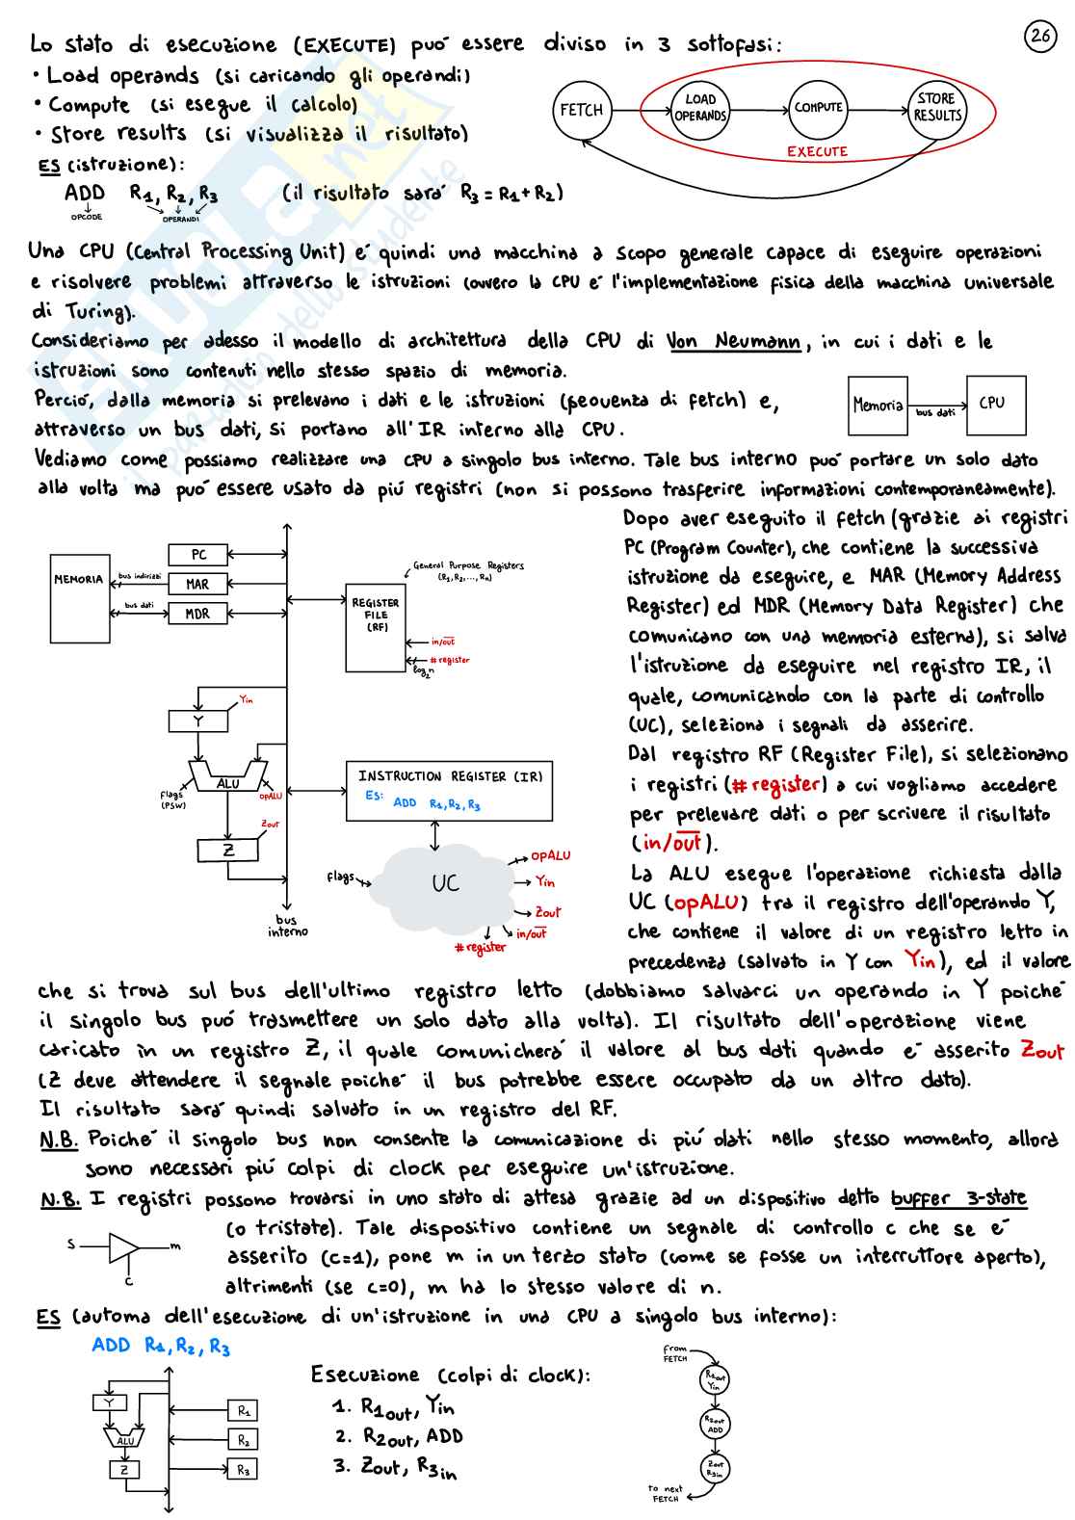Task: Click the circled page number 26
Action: click(x=1040, y=37)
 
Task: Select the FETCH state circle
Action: click(x=581, y=110)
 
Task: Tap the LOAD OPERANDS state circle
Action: click(x=700, y=108)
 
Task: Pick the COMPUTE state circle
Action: click(x=818, y=108)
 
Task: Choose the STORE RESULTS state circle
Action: click(x=936, y=107)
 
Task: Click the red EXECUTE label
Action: click(x=817, y=151)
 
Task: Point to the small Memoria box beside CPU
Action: click(x=878, y=406)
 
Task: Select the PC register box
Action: click(x=197, y=555)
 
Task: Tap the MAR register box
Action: click(x=197, y=584)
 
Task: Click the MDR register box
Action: click(x=197, y=614)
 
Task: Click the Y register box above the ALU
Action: click(x=198, y=721)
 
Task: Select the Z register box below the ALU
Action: click(x=228, y=850)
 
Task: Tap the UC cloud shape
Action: click(x=445, y=882)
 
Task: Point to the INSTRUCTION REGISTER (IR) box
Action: click(x=449, y=790)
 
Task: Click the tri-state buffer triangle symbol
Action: click(x=124, y=1247)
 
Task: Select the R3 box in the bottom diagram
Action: click(x=243, y=1470)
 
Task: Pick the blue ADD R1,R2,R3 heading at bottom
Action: click(x=161, y=1346)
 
